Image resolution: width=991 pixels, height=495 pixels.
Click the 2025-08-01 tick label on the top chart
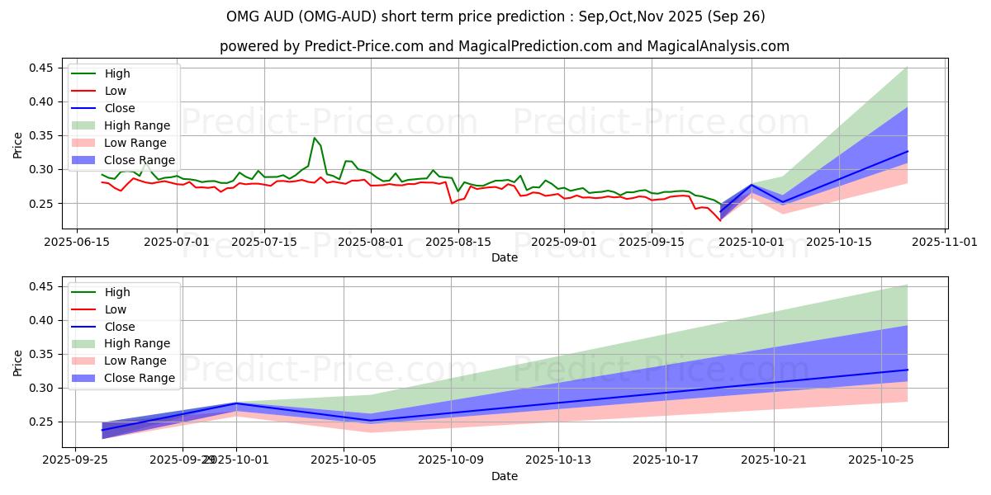371,242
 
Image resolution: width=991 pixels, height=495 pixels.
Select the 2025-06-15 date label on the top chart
77,242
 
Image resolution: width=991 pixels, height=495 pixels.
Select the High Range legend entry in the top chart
137,125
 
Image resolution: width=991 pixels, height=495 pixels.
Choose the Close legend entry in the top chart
120,108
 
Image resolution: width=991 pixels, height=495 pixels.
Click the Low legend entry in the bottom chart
116,309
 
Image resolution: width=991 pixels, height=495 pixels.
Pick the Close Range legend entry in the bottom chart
140,378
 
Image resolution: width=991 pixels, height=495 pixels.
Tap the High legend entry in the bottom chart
117,292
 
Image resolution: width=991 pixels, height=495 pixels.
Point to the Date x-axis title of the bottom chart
505,476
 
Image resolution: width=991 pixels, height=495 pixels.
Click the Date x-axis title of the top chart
505,257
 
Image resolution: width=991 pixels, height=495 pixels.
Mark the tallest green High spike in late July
315,139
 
